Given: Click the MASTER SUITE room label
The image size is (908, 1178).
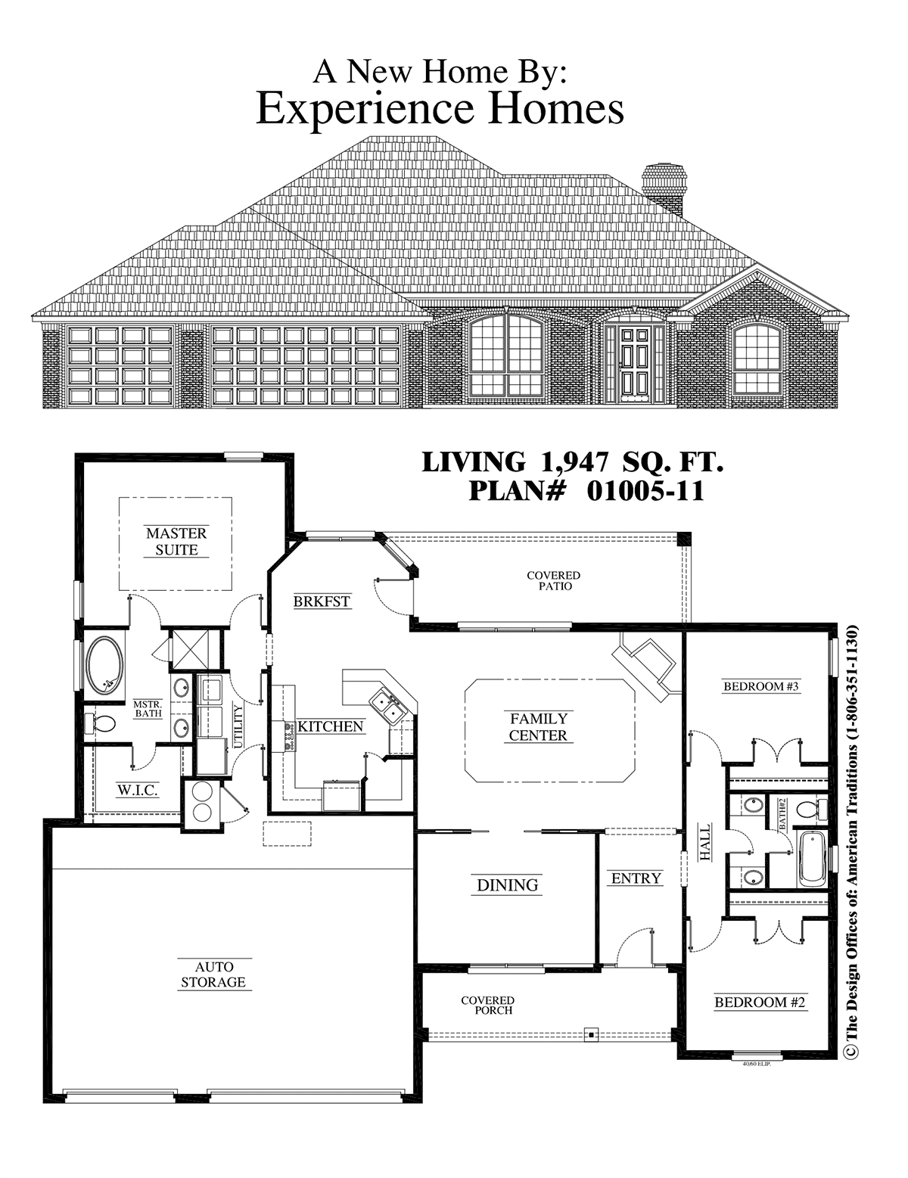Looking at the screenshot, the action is click(176, 541).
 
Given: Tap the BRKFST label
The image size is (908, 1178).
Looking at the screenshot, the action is click(322, 601).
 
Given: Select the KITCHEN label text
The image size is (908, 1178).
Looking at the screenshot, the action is click(331, 726).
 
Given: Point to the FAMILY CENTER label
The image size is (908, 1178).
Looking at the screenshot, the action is click(538, 727).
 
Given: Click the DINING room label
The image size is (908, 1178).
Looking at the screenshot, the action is click(508, 884).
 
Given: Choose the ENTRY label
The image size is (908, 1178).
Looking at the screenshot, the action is click(636, 878).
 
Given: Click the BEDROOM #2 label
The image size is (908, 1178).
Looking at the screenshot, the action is click(760, 1002).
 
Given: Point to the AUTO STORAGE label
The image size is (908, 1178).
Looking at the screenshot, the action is click(213, 974).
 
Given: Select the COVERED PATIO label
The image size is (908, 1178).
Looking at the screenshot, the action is click(553, 580).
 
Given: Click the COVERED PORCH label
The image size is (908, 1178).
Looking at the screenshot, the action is click(487, 1005).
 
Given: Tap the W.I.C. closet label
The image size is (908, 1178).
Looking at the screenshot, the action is click(138, 791).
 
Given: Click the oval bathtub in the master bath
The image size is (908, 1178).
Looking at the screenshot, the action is click(105, 665).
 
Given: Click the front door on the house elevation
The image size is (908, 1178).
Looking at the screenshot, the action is click(634, 365).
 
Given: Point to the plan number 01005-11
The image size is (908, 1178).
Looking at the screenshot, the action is click(645, 491).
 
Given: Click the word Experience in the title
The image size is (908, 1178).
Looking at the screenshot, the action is click(365, 108).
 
